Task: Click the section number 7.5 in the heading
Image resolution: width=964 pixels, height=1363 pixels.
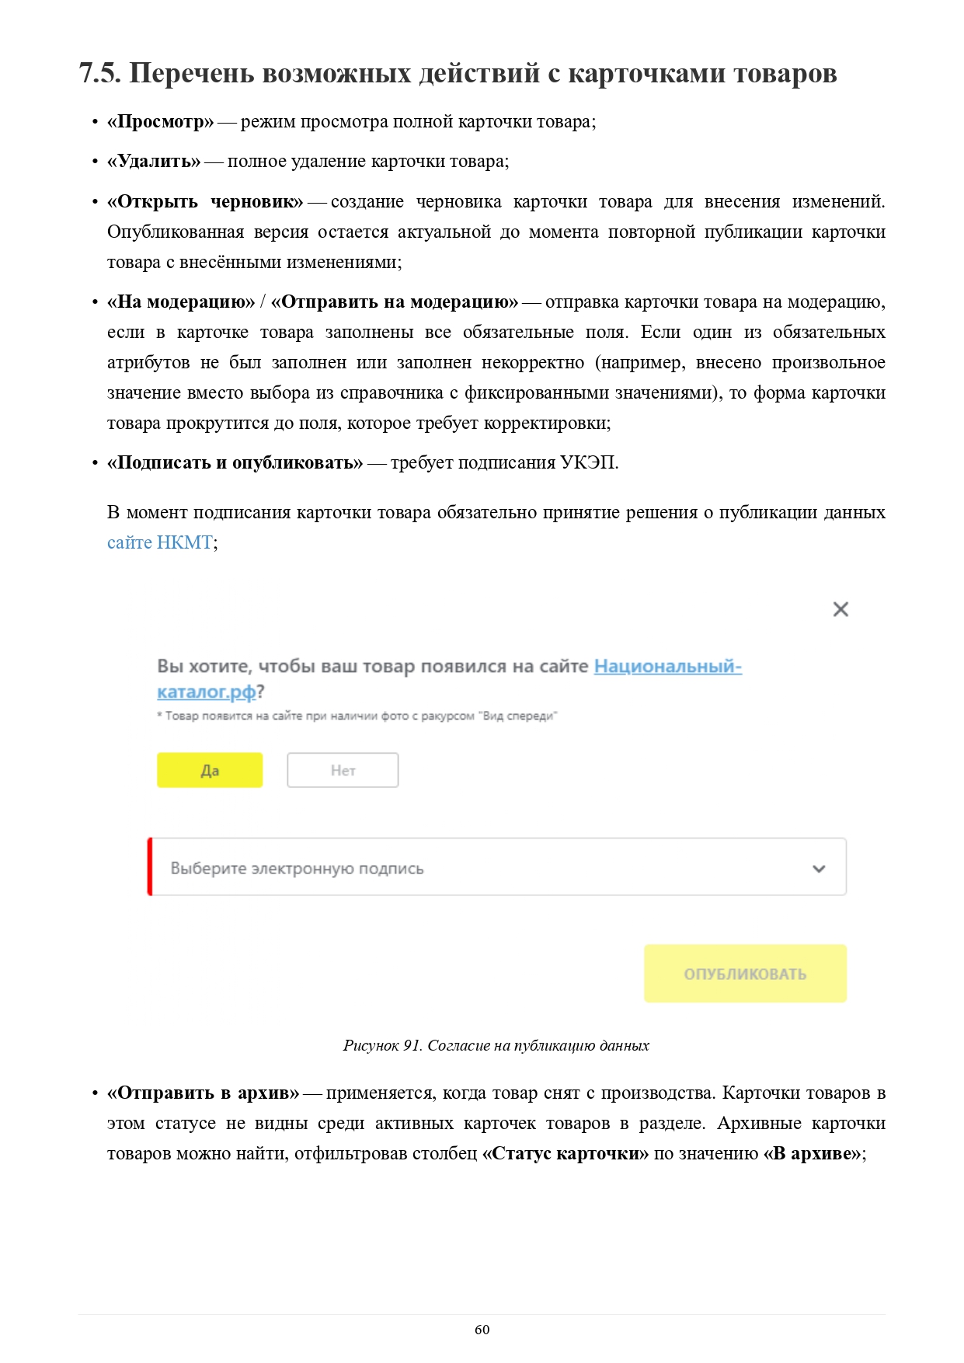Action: pyautogui.click(x=99, y=73)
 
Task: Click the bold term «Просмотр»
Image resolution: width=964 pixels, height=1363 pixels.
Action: pyautogui.click(x=160, y=122)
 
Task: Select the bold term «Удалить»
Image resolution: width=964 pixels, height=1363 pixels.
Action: pyautogui.click(x=154, y=162)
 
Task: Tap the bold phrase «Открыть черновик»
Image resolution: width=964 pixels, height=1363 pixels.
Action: pyautogui.click(x=205, y=202)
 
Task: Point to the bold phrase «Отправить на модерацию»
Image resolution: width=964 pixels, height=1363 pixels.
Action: pyautogui.click(x=394, y=302)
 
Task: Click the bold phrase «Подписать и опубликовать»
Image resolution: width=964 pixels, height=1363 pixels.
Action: pyautogui.click(x=235, y=463)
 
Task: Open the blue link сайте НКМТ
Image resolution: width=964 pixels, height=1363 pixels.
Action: pyautogui.click(x=160, y=542)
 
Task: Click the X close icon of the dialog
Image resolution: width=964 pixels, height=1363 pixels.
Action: pyautogui.click(x=840, y=609)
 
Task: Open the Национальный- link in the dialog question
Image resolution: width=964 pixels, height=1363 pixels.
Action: pyautogui.click(x=667, y=667)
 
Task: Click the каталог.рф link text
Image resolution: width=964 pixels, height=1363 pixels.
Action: pyautogui.click(x=206, y=692)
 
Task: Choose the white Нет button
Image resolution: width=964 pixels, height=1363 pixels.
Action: pyautogui.click(x=343, y=770)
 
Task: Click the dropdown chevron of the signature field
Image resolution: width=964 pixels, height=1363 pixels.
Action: pyautogui.click(x=819, y=869)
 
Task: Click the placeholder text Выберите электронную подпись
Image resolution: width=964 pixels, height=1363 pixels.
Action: pyautogui.click(x=297, y=869)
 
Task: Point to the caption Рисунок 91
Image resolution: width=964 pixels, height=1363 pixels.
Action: pyautogui.click(x=382, y=1045)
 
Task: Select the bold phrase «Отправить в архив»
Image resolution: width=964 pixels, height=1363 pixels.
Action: pyautogui.click(x=203, y=1093)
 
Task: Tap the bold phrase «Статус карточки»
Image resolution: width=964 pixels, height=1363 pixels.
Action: pyautogui.click(x=565, y=1154)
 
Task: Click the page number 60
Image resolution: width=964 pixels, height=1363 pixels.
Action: pyautogui.click(x=482, y=1330)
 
